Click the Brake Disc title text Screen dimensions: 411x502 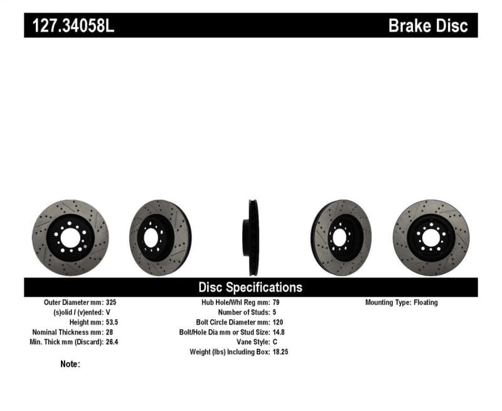point(428,26)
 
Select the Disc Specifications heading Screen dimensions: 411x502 point(250,287)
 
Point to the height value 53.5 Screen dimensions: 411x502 point(111,322)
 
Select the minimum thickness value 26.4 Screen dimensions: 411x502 point(111,342)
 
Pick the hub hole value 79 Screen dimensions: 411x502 point(277,302)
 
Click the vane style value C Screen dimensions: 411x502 point(275,342)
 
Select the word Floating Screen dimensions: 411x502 point(425,302)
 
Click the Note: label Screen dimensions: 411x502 point(70,364)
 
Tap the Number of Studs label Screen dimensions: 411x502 point(243,312)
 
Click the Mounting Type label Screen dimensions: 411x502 point(388,302)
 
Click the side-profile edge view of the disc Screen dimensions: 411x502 point(252,238)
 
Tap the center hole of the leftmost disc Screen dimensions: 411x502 point(70,238)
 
